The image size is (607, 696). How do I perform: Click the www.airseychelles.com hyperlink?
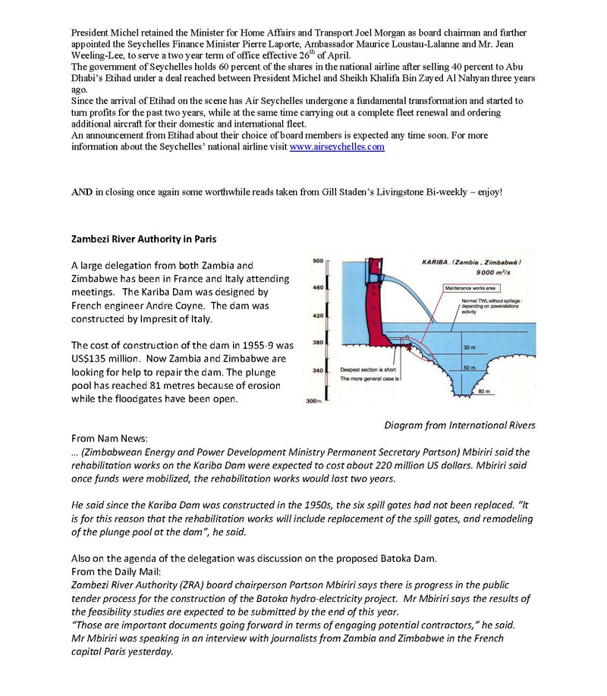point(337,147)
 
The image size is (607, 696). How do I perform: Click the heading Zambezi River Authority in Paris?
point(143,240)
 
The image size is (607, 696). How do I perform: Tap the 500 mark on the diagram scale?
point(318,261)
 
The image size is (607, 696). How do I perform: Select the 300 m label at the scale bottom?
point(313,400)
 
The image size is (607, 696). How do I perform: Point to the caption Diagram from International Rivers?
point(459,425)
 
